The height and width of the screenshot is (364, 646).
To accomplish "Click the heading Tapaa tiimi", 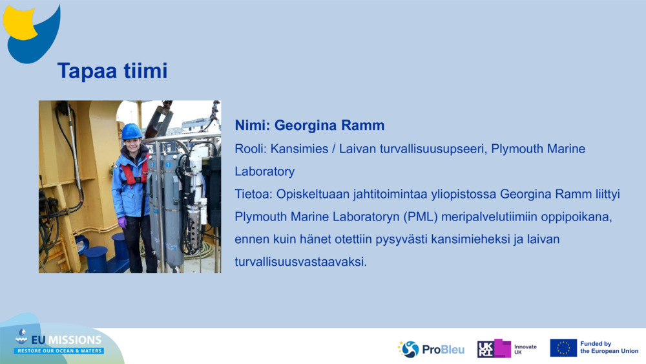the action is coord(112,71).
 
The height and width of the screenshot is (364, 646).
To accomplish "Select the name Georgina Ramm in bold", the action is coord(329,125).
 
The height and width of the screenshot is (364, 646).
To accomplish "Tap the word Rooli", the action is coord(250,149).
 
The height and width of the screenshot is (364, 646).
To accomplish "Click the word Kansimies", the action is coord(299,149).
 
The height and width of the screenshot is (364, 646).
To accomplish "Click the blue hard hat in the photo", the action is coord(131,131).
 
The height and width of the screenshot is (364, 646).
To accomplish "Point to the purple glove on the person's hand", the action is coord(122,222).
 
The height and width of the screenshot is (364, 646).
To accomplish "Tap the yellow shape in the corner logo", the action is coord(19,23).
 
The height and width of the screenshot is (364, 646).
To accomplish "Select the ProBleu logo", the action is coord(431,349).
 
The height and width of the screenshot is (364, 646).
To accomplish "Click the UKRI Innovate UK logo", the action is coord(506,348).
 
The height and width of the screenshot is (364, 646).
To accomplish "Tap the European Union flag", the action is coord(563,348).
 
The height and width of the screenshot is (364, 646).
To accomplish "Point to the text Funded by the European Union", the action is coord(609,347).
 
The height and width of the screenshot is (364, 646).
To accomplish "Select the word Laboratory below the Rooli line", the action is coord(264,171).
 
